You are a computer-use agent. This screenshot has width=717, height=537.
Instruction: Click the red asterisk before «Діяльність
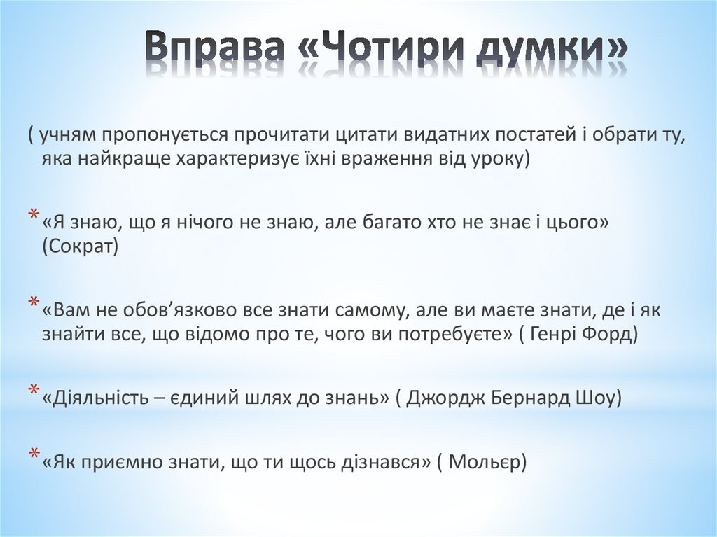(x=34, y=391)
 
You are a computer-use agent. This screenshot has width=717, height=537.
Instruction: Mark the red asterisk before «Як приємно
(x=34, y=455)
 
